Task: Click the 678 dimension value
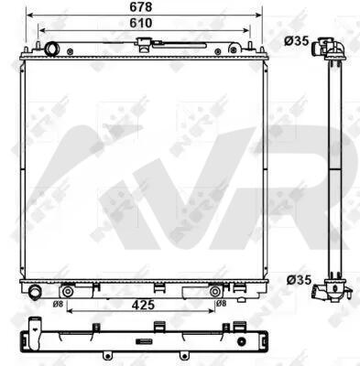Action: pos(141,7)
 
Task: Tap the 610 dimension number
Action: pos(141,23)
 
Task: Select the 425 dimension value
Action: pos(143,305)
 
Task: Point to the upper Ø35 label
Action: pos(297,41)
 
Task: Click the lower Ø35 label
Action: pos(299,280)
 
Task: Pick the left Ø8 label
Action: pos(58,304)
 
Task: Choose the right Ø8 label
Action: pos(221,304)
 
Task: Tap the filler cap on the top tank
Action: pos(144,44)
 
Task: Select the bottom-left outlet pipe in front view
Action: pos(35,291)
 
